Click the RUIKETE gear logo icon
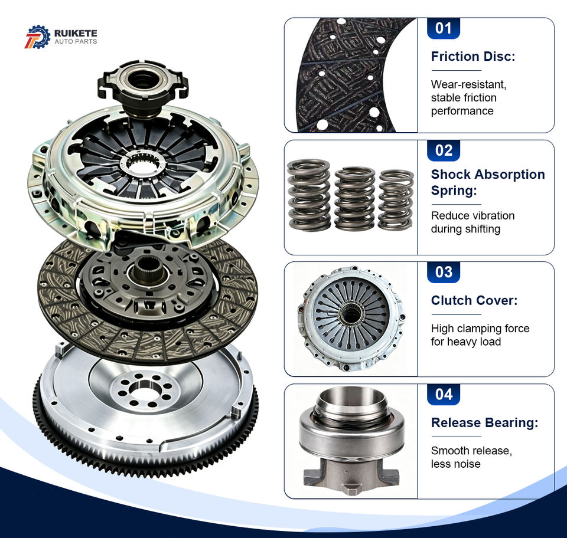(38, 37)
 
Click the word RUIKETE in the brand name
(76, 33)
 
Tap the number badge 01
(444, 28)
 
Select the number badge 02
(444, 150)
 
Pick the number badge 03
(444, 273)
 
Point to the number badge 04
(444, 394)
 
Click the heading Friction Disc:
(473, 56)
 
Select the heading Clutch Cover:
(474, 300)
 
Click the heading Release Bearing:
(484, 422)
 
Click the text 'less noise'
(455, 464)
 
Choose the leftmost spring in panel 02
(309, 195)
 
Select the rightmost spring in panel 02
(396, 199)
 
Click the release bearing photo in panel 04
(351, 441)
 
